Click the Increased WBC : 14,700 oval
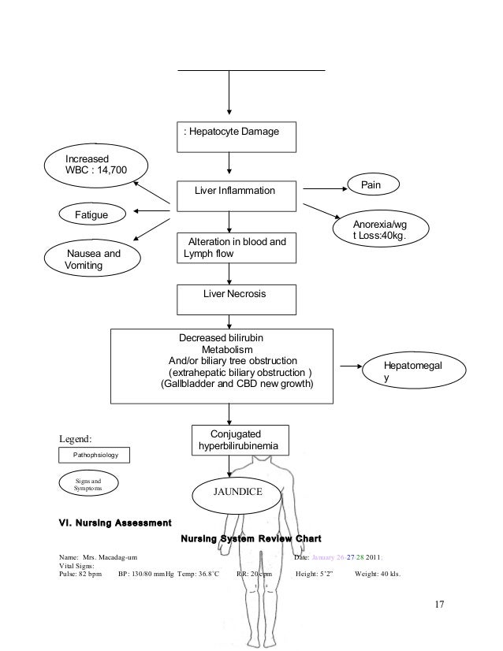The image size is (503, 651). [x=95, y=164]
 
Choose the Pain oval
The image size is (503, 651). [x=371, y=184]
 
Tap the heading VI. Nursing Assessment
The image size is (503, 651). [x=114, y=522]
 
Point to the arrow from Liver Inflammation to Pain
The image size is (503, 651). [x=323, y=189]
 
